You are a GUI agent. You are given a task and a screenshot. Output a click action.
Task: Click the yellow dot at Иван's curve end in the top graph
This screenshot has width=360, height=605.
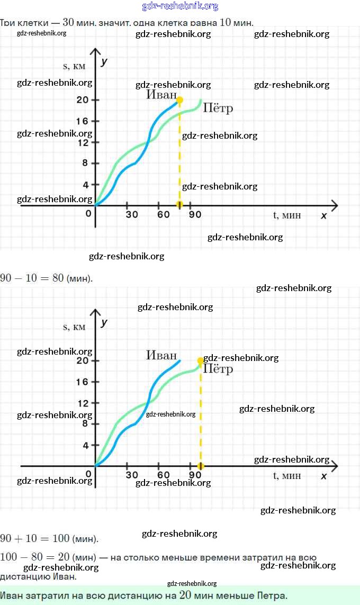point(179,100)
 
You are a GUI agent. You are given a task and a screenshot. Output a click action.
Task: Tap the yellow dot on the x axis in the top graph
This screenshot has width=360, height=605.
point(179,204)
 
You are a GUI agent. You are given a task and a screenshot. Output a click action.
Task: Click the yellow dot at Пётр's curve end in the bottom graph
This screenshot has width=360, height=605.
point(201,360)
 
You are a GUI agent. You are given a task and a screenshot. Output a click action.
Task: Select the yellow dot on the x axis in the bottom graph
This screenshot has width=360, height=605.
point(201,466)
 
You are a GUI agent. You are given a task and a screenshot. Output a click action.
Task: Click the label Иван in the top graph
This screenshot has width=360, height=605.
point(161,95)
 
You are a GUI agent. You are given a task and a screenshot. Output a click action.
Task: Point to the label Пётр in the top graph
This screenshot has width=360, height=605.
point(218,109)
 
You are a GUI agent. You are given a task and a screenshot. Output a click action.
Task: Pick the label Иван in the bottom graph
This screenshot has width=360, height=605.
point(161,356)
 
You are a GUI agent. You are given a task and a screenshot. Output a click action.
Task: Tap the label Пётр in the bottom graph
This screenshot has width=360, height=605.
point(218,369)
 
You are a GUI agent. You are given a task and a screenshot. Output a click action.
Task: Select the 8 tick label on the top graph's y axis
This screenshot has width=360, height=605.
point(85,163)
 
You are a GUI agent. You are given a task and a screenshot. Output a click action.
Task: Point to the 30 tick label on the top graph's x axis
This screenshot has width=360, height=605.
point(132,214)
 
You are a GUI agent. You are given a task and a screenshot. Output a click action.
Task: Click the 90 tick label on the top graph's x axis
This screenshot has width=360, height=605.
point(195,214)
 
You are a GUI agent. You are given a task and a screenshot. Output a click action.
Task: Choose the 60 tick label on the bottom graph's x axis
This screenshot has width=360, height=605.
point(164,475)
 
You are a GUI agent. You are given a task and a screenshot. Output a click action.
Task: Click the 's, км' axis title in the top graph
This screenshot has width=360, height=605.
point(74,66)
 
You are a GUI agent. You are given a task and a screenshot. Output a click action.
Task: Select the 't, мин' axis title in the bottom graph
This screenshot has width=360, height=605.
point(287,475)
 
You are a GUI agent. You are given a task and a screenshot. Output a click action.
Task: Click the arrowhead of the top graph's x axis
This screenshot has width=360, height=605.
point(334,204)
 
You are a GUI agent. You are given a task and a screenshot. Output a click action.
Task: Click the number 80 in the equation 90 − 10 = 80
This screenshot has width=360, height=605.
point(58,278)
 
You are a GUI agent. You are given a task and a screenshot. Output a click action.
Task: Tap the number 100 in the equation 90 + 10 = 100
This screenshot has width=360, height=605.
point(61,538)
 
